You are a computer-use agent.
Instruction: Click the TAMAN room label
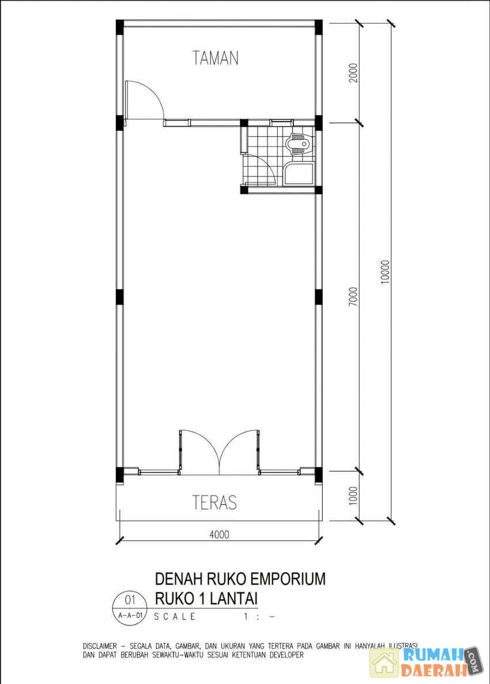coord(216,58)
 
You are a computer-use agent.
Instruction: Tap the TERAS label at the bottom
coord(214,502)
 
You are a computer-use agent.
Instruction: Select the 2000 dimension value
coord(353,73)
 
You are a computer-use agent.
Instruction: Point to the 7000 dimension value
coord(353,296)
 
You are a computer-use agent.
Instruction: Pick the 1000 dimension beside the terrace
coord(353,495)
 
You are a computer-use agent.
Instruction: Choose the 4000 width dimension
coord(219,534)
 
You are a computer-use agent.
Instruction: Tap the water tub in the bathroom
coord(298,174)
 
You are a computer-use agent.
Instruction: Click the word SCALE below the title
coord(175,617)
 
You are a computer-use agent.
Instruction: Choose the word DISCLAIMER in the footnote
coord(100,645)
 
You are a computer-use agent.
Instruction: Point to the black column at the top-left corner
coord(120,26)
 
